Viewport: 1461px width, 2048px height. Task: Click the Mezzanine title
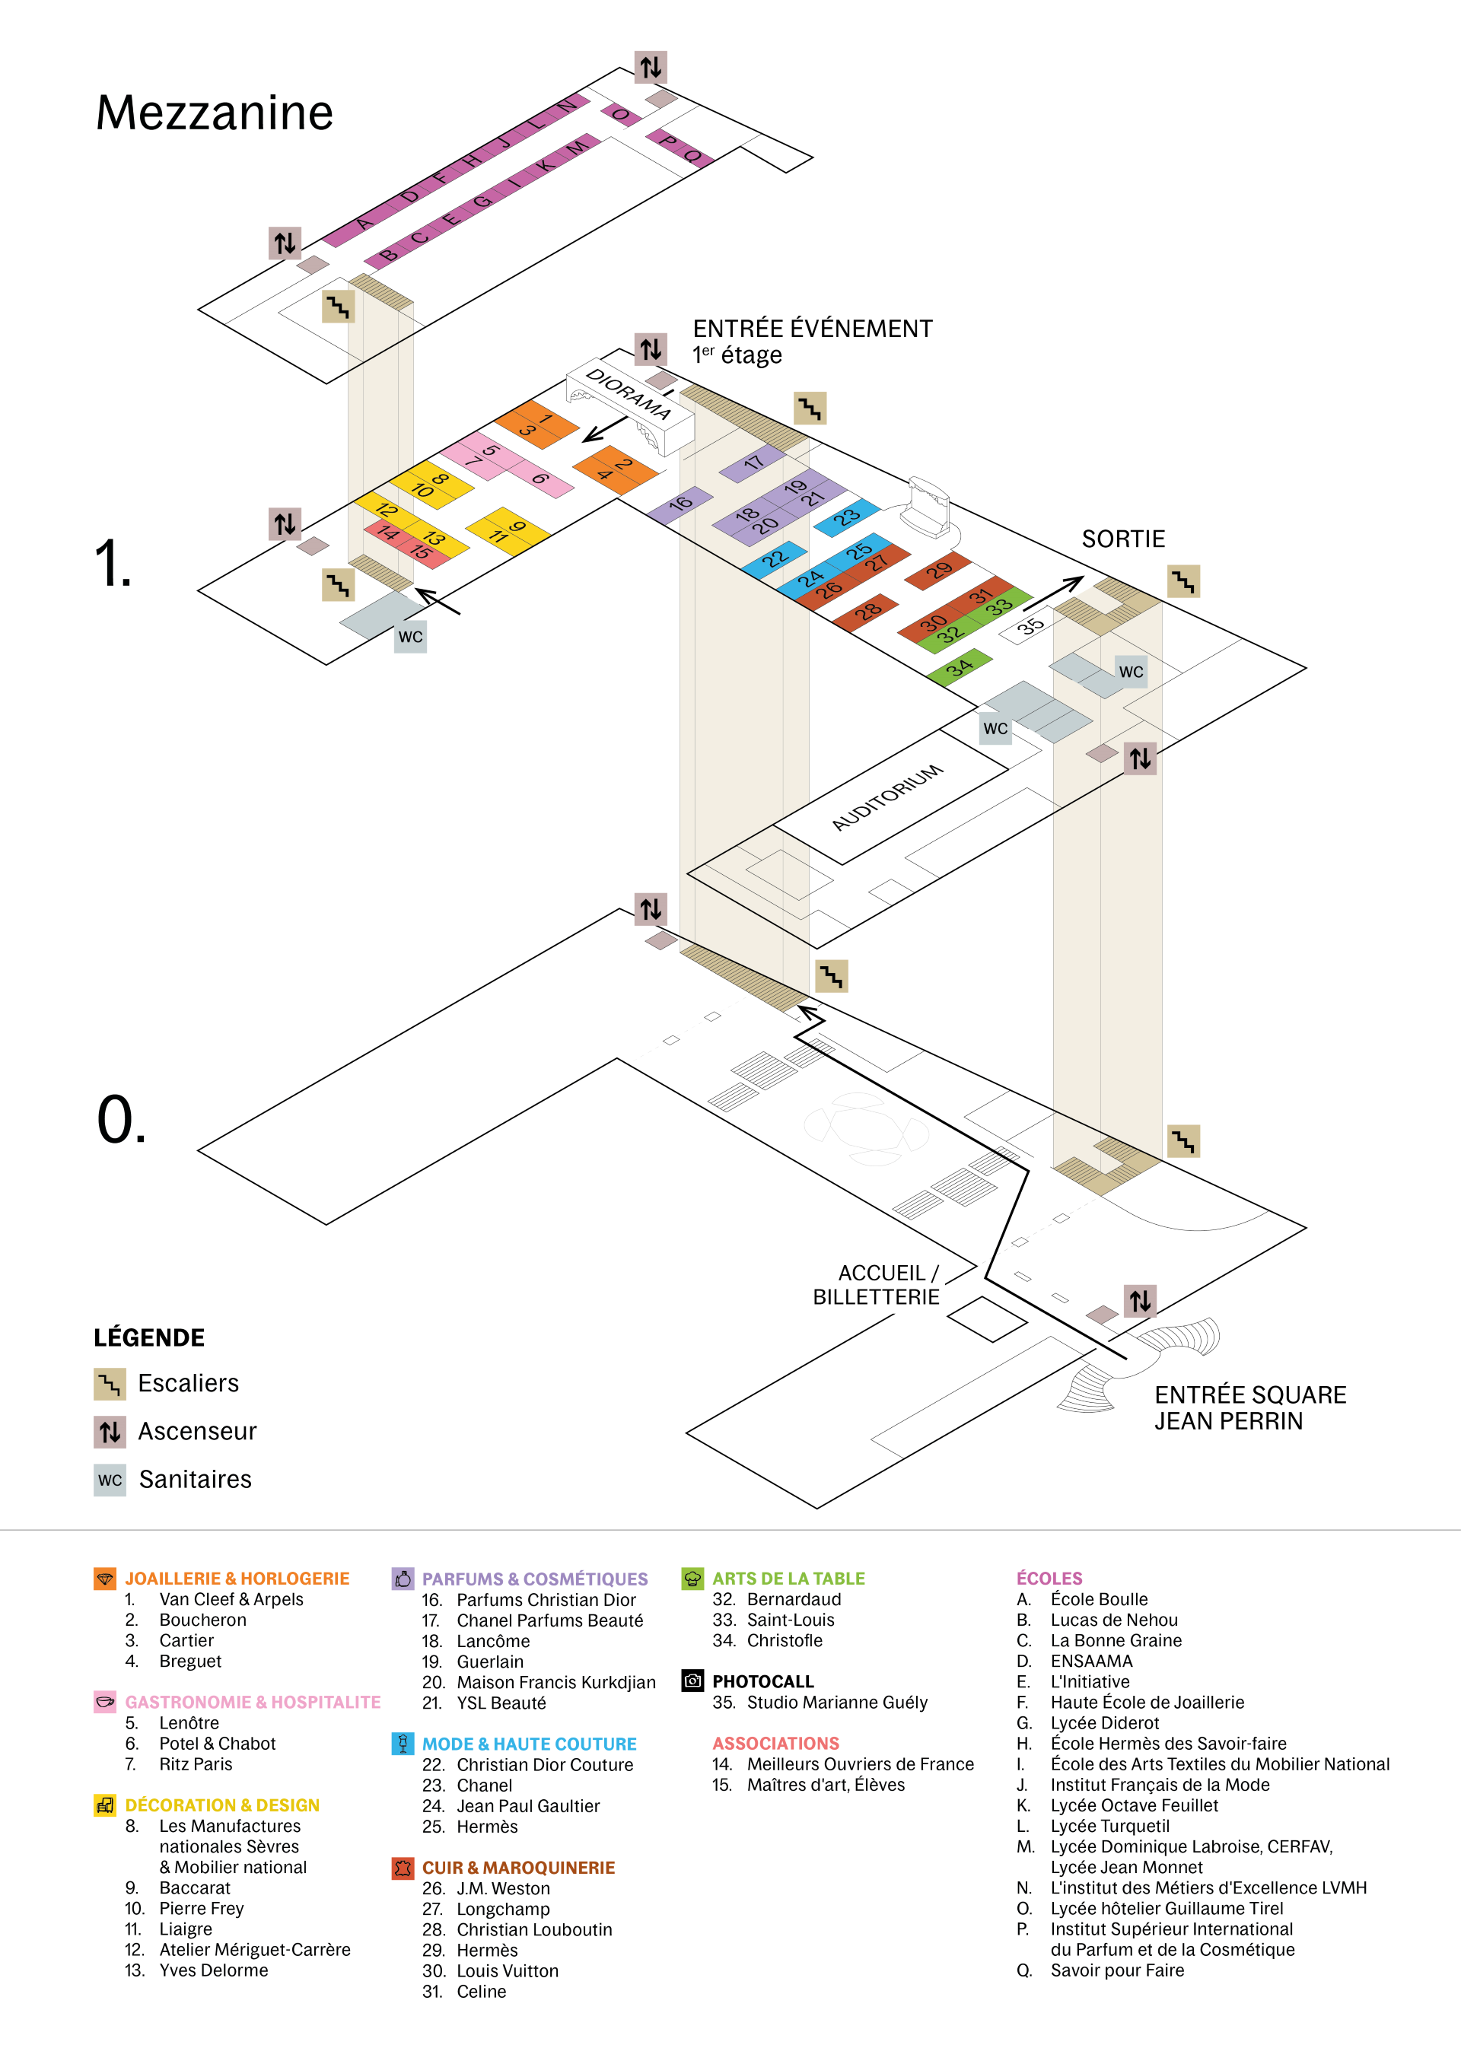[214, 113]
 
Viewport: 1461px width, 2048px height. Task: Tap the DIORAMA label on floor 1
[629, 394]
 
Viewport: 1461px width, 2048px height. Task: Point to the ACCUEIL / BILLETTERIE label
[877, 1284]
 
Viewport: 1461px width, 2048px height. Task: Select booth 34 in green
[959, 667]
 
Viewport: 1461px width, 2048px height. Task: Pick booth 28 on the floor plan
[867, 612]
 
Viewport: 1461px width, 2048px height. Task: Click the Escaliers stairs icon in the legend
[110, 1384]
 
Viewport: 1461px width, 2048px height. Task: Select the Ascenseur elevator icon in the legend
[110, 1432]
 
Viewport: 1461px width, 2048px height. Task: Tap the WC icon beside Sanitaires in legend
[110, 1480]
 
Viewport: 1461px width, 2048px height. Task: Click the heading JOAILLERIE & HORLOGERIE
[237, 1579]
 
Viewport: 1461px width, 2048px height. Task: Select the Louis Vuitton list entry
[508, 1970]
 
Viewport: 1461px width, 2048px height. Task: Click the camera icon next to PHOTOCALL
[692, 1680]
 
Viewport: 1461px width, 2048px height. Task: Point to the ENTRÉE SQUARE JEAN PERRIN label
[1249, 1407]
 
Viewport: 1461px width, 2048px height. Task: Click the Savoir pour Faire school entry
[1116, 1970]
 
